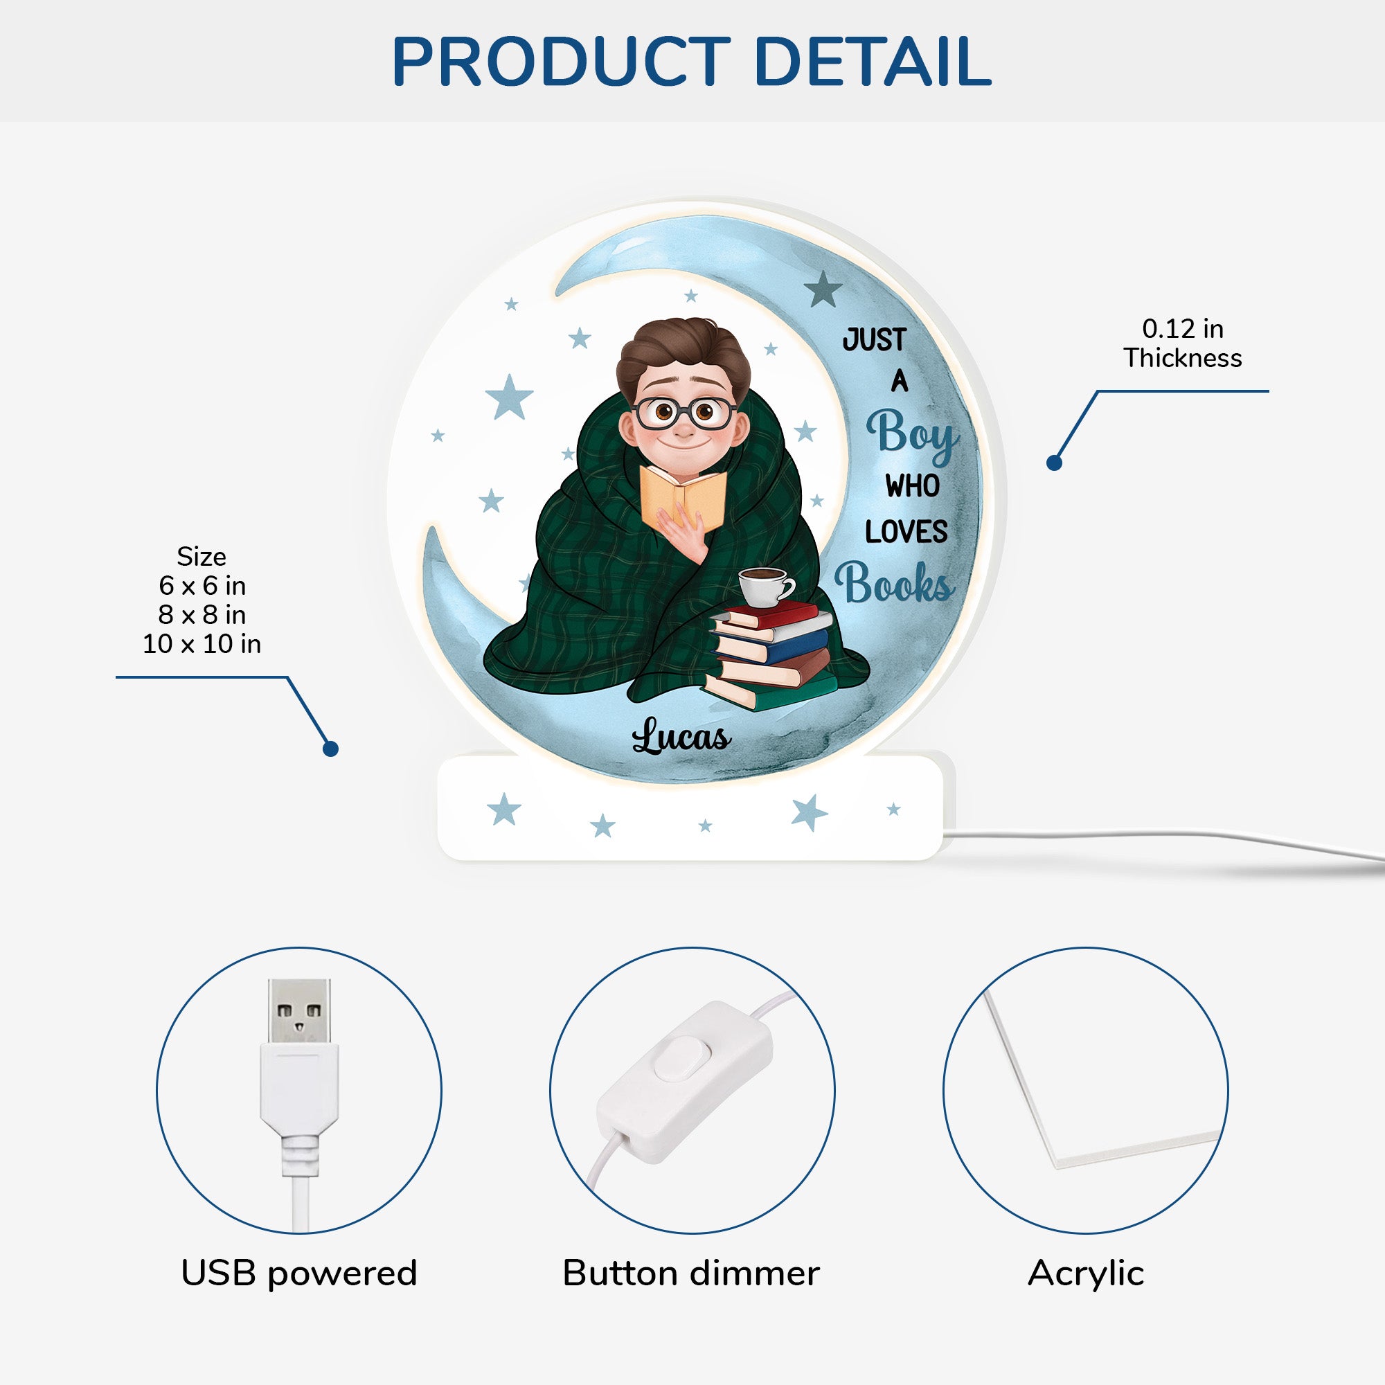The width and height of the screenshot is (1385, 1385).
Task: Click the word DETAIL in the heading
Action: [873, 62]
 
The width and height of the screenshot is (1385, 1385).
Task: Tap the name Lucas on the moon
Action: [681, 736]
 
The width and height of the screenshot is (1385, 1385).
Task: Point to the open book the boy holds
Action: [683, 497]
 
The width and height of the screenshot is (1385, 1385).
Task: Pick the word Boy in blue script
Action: [913, 436]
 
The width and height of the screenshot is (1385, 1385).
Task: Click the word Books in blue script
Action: [894, 582]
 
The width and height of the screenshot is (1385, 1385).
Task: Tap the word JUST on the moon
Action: [875, 339]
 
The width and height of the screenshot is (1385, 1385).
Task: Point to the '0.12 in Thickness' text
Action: [1182, 343]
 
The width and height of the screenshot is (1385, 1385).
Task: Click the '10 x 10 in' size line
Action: [202, 644]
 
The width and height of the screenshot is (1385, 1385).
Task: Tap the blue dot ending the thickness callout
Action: [1054, 463]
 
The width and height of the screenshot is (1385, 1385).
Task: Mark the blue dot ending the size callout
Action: [330, 749]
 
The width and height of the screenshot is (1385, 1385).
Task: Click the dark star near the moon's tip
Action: [823, 289]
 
